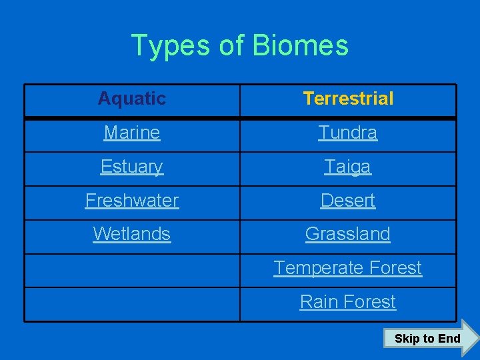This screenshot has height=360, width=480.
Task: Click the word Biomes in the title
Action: pos(301,46)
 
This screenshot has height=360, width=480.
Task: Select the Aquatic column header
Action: pos(132,99)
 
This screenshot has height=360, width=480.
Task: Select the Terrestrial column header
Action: pos(348,99)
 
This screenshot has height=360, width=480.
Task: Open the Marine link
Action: pos(132,133)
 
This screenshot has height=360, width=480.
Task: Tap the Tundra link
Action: pos(348,133)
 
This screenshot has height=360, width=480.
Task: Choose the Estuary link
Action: pos(132,167)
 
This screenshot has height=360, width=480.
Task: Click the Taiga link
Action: pos(348,167)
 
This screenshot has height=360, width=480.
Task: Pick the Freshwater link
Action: pos(132,201)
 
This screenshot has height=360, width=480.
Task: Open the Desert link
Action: pos(348,201)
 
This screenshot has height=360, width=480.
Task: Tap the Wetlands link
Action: pos(132,234)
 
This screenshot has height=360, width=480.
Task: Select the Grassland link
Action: pos(348,234)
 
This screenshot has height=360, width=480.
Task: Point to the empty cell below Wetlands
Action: pos(132,270)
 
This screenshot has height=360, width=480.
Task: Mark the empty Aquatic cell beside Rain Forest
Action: pos(132,304)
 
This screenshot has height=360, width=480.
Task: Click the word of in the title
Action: pos(231,46)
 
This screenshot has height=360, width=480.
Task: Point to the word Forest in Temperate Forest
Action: pos(393,268)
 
